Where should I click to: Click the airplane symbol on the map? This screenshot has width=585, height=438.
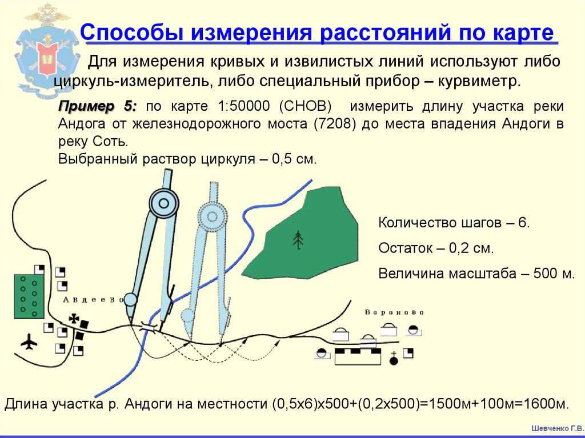coord(29,341)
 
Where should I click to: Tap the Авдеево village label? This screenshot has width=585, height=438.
coord(93,300)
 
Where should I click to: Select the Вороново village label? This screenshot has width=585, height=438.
coord(394,312)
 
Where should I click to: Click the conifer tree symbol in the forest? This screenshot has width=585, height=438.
coord(298,240)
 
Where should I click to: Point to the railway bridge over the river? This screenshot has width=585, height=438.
coord(148,327)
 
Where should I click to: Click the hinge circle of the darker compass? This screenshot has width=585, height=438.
coord(164,203)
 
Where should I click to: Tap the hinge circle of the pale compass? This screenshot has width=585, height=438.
coord(212,216)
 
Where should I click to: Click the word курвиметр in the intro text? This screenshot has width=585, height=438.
coord(479,81)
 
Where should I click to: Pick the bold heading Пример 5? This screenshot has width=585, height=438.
coord(98,106)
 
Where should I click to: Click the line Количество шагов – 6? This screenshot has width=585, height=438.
coord(454,223)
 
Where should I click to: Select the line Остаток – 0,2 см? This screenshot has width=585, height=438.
coord(436,248)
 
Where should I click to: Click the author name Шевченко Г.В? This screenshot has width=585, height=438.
coord(558,428)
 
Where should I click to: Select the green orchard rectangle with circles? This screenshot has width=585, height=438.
coord(29,296)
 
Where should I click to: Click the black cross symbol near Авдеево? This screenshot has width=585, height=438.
coord(74,319)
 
